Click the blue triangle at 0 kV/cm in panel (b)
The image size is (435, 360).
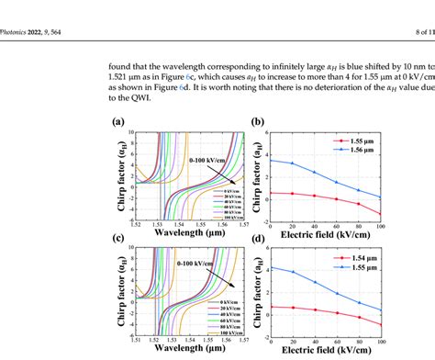[x=273, y=160]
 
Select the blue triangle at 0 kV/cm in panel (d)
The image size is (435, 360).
[x=273, y=268]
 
